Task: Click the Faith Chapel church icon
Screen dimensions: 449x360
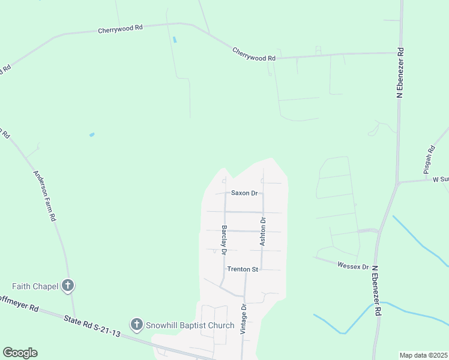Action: pos(68,286)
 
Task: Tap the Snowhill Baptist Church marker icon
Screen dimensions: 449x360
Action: pos(136,325)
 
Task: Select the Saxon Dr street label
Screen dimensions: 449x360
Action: pos(244,193)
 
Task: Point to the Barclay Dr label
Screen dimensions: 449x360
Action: pos(223,239)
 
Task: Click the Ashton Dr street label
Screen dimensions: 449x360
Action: pos(262,231)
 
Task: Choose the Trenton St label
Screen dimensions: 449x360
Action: pos(243,269)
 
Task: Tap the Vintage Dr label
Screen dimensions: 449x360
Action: pos(244,319)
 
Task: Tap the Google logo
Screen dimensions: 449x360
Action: pos(20,353)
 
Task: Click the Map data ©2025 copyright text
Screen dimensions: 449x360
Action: pos(423,355)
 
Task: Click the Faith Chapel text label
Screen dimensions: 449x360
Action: pos(35,286)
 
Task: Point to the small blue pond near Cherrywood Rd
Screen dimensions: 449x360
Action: pos(175,40)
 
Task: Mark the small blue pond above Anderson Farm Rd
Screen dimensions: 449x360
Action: pos(92,134)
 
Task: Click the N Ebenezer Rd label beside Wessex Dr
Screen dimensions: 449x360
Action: pos(376,291)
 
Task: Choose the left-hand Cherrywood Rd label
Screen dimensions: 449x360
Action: pos(121,28)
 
